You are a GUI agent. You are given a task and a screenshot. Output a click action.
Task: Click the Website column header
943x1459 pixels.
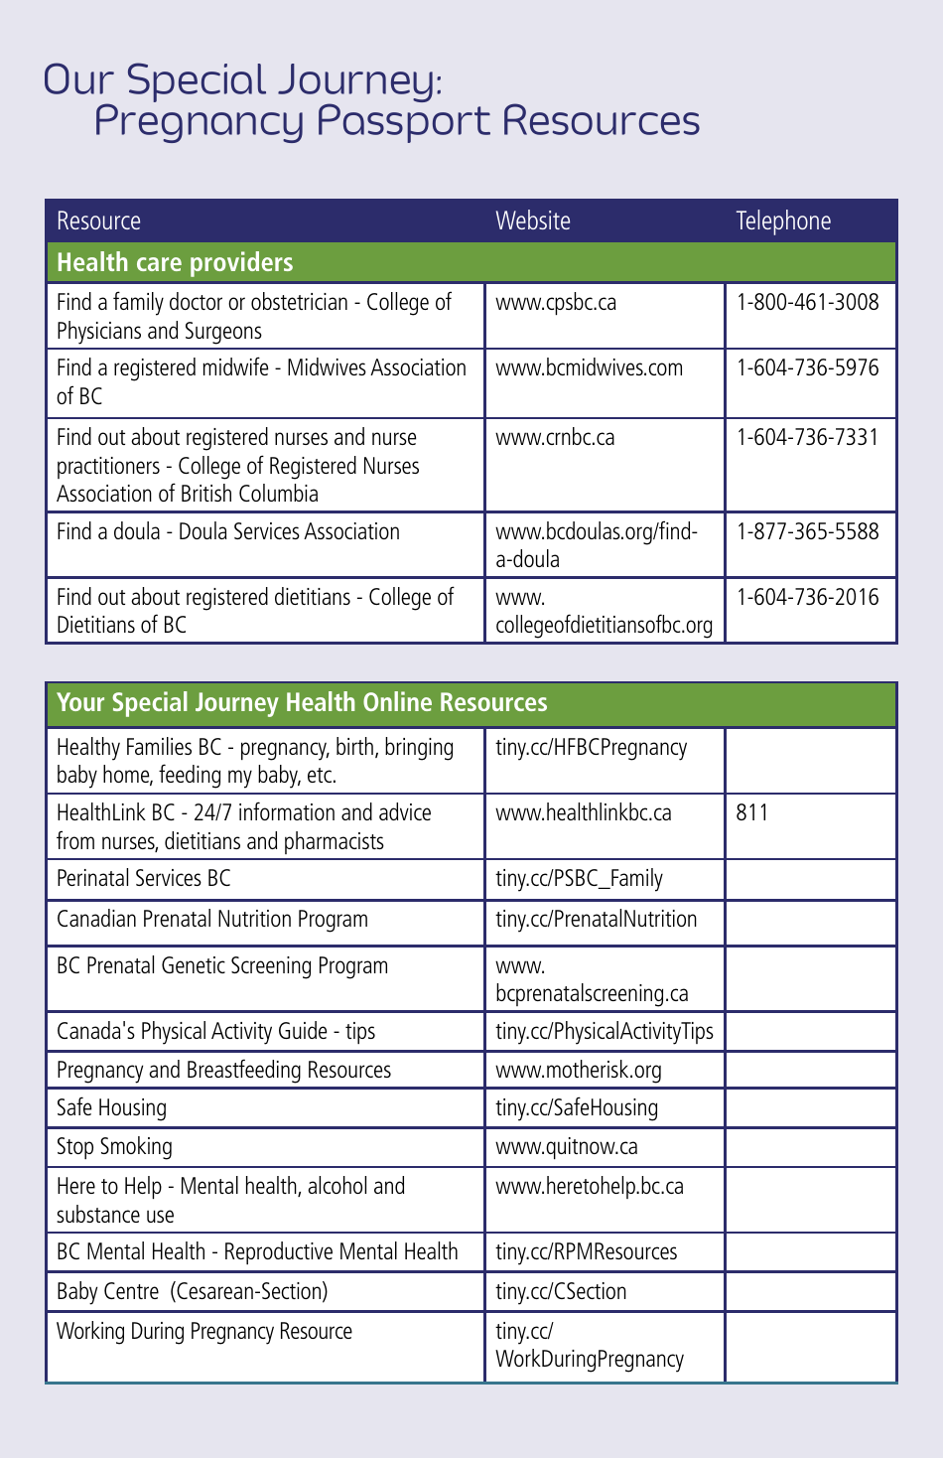point(533,220)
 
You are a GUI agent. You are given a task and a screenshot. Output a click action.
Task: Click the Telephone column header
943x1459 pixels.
point(783,220)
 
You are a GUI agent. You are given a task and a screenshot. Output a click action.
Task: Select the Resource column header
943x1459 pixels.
point(98,220)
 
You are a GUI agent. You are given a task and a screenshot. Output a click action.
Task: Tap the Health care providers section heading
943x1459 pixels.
point(175,262)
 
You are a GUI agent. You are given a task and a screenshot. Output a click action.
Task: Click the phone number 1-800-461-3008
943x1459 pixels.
point(807,302)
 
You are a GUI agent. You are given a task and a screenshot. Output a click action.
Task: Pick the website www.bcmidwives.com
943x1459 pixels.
point(589,367)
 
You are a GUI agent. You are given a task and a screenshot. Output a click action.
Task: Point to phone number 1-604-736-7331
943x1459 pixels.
point(807,437)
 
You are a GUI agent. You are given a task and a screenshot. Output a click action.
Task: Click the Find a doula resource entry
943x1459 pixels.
point(227,531)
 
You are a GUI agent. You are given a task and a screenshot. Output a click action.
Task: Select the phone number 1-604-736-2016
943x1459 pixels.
point(807,597)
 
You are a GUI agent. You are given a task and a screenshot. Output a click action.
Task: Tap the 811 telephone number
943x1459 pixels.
point(752,812)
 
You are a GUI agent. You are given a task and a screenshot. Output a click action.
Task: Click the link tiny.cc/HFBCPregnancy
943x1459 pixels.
point(591,747)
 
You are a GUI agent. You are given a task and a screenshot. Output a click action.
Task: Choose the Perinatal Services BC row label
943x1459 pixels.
point(143,878)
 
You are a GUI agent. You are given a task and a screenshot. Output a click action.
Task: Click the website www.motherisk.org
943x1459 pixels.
point(578,1070)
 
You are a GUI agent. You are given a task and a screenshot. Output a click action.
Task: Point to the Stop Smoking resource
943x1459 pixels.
point(114,1146)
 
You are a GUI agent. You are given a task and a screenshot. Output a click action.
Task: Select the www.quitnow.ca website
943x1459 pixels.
point(566,1146)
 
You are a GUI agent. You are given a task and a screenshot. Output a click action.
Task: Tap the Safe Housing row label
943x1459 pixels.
point(111,1107)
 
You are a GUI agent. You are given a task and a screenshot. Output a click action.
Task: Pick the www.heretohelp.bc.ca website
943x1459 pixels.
point(589,1186)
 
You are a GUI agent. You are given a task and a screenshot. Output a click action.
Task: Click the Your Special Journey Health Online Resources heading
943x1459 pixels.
point(302,702)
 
